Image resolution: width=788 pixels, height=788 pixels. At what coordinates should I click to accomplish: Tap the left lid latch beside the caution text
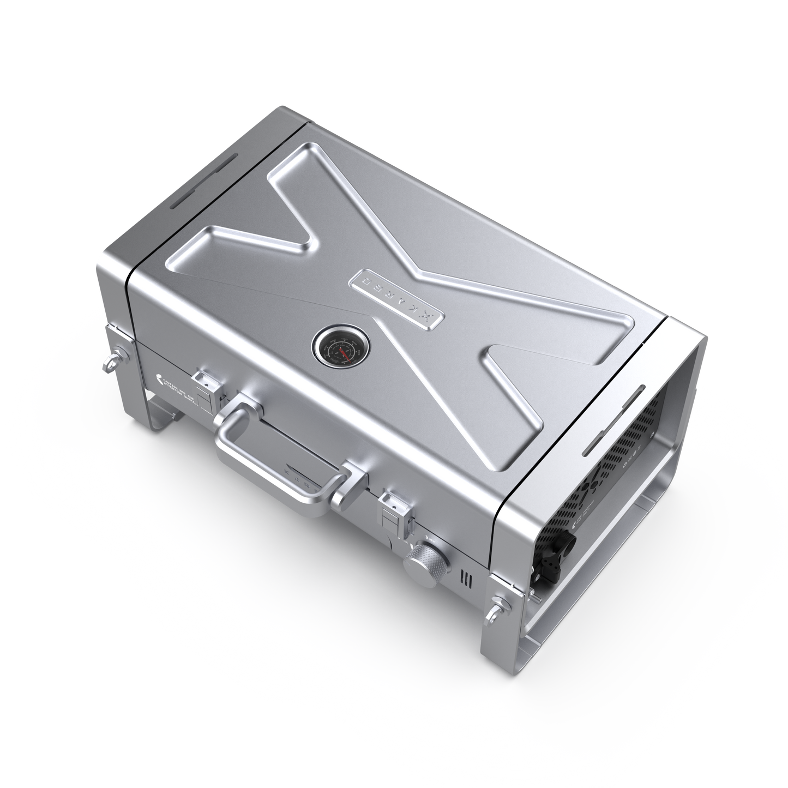tap(206, 388)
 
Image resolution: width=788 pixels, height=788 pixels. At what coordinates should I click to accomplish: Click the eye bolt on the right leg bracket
tap(497, 604)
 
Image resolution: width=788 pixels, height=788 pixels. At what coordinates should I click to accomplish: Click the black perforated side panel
tap(616, 469)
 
